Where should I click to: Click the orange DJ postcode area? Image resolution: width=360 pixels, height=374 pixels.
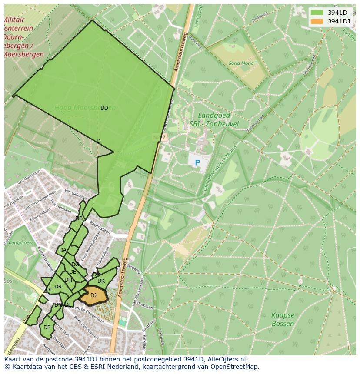(x=94, y=295)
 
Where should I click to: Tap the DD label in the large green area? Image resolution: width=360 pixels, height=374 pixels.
(x=104, y=108)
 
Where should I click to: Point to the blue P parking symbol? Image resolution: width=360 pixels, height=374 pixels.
(x=197, y=163)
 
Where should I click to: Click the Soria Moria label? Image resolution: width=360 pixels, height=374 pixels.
(x=241, y=63)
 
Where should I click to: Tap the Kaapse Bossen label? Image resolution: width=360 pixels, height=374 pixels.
(x=283, y=319)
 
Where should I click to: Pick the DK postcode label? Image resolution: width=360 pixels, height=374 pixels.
(x=101, y=281)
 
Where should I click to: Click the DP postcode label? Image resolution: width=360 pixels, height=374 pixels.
(x=47, y=328)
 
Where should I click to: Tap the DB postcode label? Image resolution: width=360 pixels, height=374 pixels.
(x=79, y=218)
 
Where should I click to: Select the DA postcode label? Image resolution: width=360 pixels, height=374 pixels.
(x=63, y=250)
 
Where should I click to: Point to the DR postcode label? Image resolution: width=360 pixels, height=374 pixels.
(x=58, y=287)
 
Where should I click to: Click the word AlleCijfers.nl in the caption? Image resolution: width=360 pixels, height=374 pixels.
(x=227, y=359)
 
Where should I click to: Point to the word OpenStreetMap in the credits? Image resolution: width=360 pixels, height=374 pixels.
(x=235, y=367)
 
